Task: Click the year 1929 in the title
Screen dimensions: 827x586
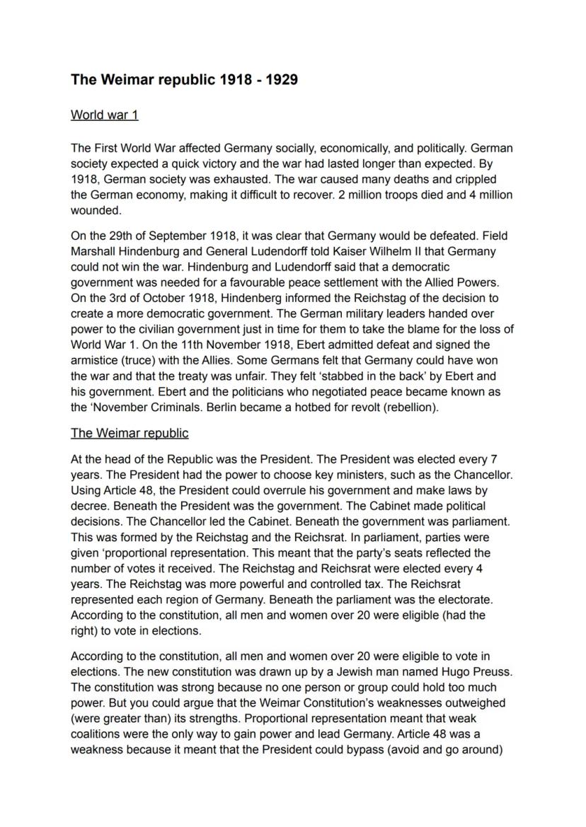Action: click(x=281, y=79)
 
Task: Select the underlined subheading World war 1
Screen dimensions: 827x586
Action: click(x=105, y=115)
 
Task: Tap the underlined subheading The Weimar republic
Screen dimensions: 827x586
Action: click(x=130, y=432)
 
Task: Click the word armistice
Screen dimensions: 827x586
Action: click(x=94, y=360)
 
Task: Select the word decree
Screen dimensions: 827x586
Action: click(x=88, y=506)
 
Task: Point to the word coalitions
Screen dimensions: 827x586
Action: click(x=98, y=734)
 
